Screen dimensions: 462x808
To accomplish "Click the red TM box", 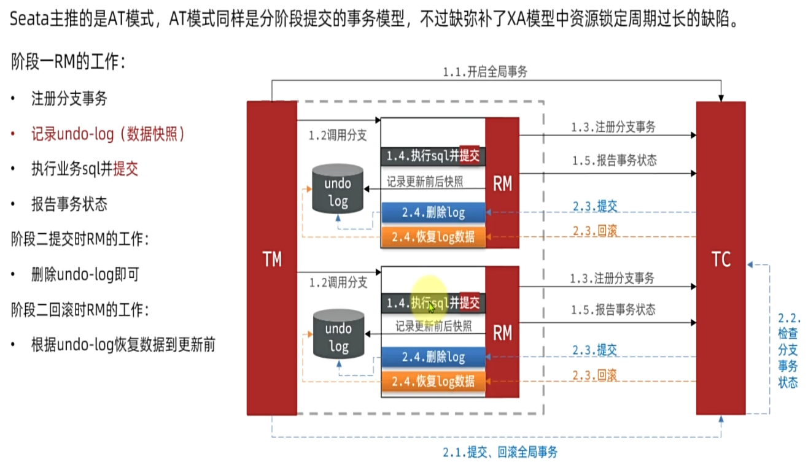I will pyautogui.click(x=271, y=258).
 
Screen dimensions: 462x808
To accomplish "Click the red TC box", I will pyautogui.click(x=721, y=258).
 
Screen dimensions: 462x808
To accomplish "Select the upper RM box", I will pyautogui.click(x=502, y=183).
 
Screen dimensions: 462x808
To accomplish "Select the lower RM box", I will pyautogui.click(x=502, y=333).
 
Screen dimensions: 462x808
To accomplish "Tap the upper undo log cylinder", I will pyautogui.click(x=338, y=191).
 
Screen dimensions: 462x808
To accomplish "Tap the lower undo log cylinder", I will pyautogui.click(x=338, y=336).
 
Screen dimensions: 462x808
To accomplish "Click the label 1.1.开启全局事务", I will pyautogui.click(x=485, y=72).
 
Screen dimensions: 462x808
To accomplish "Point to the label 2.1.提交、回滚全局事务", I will pyautogui.click(x=500, y=452).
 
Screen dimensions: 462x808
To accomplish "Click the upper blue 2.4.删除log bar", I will pyautogui.click(x=433, y=213).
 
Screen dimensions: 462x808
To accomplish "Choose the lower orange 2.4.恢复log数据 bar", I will pyautogui.click(x=433, y=382).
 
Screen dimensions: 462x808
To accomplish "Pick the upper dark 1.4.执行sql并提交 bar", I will pyautogui.click(x=432, y=156).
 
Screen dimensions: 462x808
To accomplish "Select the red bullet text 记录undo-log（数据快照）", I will pyautogui.click(x=108, y=134).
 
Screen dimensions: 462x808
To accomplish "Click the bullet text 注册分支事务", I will pyautogui.click(x=69, y=99).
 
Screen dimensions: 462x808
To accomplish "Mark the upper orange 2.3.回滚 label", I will pyautogui.click(x=594, y=231).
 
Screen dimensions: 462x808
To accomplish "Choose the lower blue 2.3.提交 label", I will pyautogui.click(x=594, y=351).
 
